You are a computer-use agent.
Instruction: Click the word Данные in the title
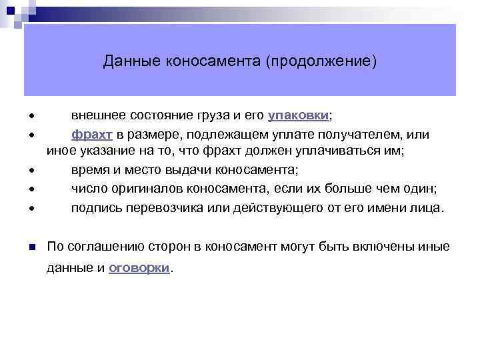pos(127,62)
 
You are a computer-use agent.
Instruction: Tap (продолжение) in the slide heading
pos(321,62)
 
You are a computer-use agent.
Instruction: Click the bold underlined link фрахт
pos(93,133)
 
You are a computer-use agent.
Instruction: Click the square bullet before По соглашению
pos(32,247)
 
